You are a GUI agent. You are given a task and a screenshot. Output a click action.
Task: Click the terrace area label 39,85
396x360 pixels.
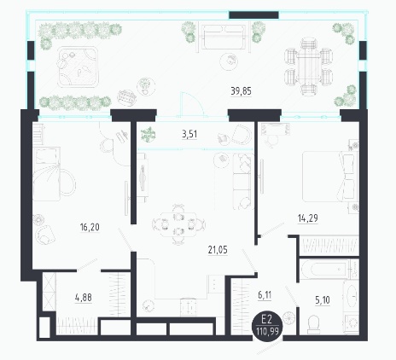point(242,91)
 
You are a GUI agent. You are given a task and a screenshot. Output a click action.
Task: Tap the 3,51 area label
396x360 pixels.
point(189,134)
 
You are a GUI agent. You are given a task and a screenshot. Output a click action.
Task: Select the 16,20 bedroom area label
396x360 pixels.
point(90,227)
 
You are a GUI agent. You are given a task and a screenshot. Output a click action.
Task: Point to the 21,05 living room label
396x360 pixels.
point(218,250)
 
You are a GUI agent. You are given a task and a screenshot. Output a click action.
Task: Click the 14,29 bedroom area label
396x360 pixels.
point(308,218)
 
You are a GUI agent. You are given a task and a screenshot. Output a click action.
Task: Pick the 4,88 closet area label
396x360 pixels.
point(84,298)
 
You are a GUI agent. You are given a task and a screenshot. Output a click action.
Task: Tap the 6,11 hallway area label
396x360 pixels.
point(265,295)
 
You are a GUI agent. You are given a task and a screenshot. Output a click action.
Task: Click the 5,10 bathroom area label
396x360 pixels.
point(323,299)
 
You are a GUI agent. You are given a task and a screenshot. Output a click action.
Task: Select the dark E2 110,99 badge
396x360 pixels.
point(267,326)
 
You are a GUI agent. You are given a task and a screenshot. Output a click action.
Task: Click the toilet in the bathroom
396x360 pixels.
point(315,325)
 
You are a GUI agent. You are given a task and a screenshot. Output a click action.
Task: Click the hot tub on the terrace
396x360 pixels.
point(78,67)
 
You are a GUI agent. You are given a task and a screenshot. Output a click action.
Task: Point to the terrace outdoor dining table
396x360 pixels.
point(308,67)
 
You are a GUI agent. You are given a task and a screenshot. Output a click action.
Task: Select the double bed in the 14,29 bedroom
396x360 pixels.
point(330,177)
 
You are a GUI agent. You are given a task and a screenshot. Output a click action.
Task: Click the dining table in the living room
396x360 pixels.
point(178,224)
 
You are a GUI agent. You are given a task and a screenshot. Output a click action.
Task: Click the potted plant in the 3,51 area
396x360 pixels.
point(148,134)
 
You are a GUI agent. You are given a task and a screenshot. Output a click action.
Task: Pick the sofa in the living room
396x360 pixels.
point(243,182)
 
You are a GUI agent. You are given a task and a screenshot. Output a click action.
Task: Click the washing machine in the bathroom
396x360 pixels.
point(352,324)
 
